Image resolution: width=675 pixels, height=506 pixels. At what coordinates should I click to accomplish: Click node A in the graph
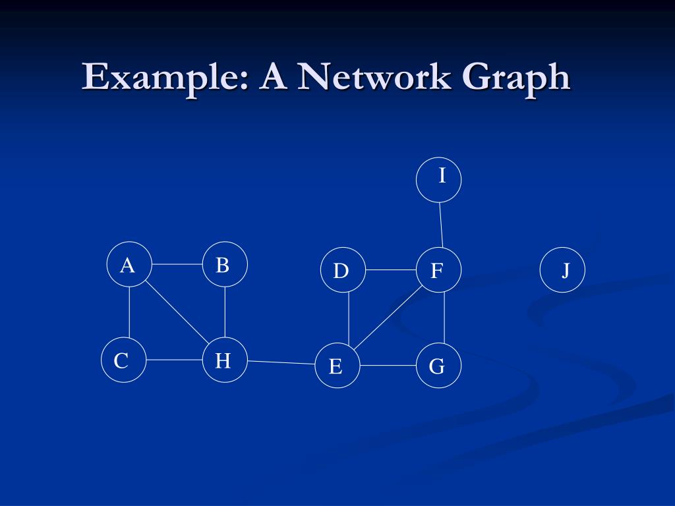(x=129, y=265)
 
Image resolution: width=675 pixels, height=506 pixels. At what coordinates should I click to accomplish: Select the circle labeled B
(x=225, y=264)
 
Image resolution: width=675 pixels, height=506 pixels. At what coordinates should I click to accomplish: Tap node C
(x=123, y=360)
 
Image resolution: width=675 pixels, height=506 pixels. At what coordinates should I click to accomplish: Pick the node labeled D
(x=343, y=270)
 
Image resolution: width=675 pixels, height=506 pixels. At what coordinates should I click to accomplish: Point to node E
(x=337, y=366)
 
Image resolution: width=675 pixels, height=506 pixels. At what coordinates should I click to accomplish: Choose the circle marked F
(x=438, y=270)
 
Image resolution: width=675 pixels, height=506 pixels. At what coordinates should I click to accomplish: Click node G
(x=439, y=366)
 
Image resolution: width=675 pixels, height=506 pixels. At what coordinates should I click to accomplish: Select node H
(x=225, y=360)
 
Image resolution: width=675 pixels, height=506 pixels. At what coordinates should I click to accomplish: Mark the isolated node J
(x=562, y=270)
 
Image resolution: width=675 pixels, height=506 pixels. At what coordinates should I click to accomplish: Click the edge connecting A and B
(x=177, y=264)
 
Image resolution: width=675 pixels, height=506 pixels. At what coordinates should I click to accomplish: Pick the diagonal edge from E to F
(x=388, y=318)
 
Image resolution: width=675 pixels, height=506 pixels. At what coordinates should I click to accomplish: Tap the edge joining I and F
(x=440, y=225)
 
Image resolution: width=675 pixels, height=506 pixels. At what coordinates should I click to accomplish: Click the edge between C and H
(x=174, y=360)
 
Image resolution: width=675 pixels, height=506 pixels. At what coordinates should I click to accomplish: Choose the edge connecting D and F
(x=390, y=270)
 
